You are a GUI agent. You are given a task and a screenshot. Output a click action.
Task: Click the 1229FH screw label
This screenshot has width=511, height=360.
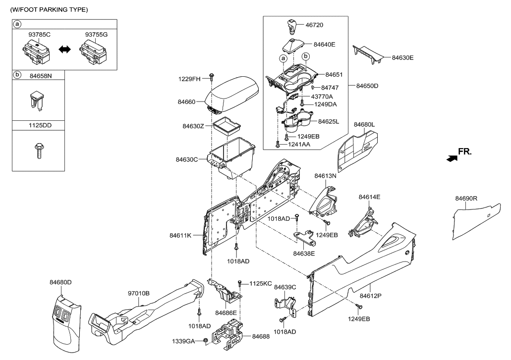coord(189,79)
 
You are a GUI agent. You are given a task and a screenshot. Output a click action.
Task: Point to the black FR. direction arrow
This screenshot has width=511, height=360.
coord(452,158)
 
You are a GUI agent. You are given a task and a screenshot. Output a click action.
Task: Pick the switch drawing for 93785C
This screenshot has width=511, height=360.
coord(35,51)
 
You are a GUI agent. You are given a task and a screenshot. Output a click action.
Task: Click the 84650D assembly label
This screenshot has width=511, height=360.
coord(367,86)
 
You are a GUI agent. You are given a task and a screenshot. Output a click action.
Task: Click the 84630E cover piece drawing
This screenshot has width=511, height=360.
coord(369,53)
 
